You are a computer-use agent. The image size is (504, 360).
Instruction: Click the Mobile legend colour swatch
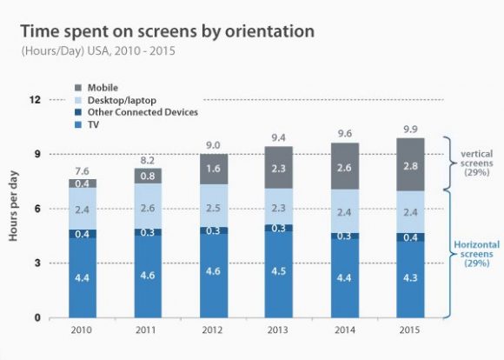[79, 88]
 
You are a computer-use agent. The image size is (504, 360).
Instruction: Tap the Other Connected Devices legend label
[143, 112]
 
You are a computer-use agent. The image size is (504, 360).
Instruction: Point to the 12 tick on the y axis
[36, 99]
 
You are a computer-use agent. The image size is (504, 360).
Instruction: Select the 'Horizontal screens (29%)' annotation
[476, 253]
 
